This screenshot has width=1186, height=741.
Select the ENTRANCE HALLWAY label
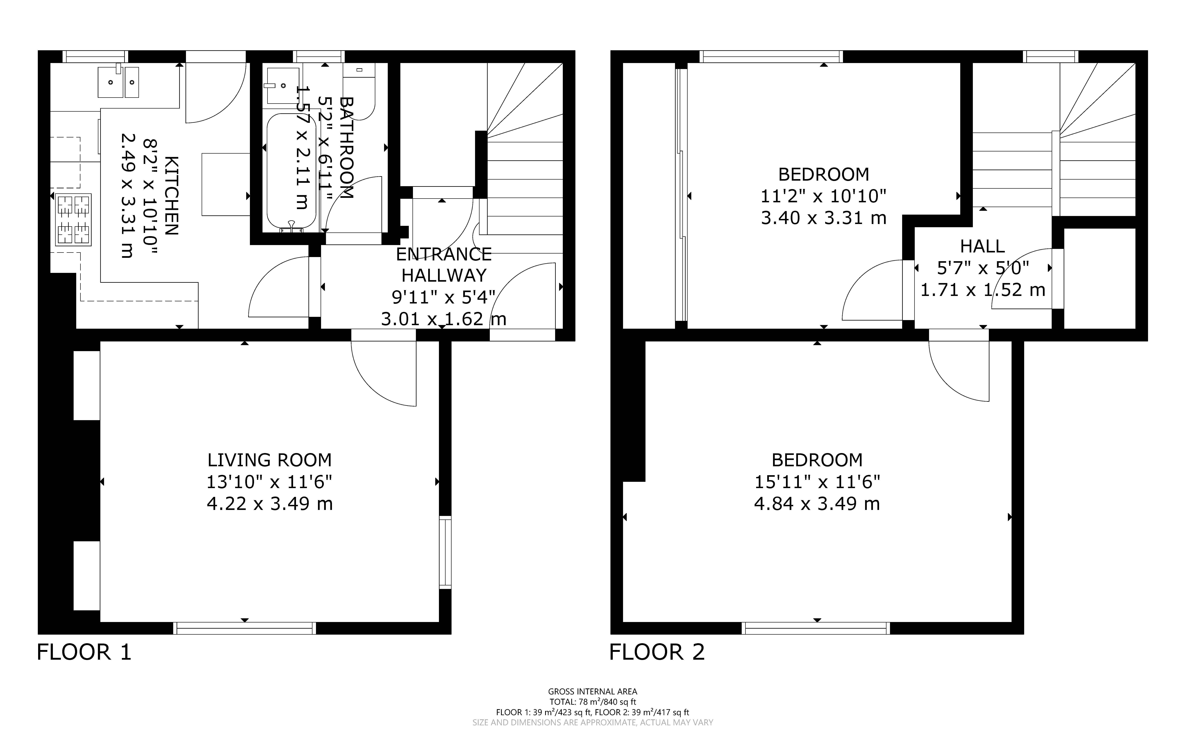[444, 265]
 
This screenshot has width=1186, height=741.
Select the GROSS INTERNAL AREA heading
[592, 691]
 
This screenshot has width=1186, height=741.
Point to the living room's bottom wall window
[245, 628]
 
